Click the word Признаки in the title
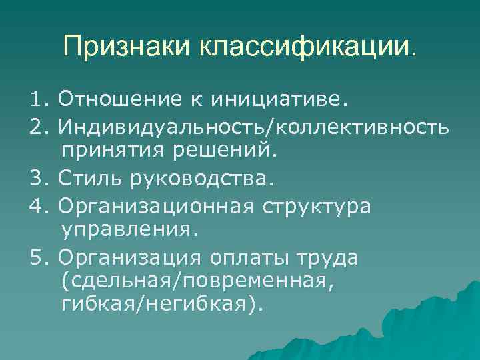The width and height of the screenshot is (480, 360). click(126, 47)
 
